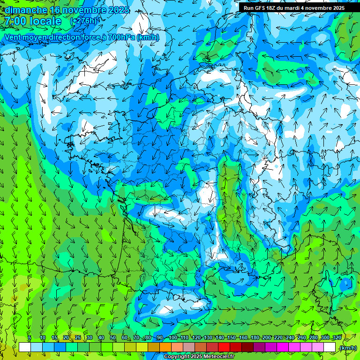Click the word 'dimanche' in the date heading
pyautogui.click(x=26, y=10)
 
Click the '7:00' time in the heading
pyautogui.click(x=15, y=21)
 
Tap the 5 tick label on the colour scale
pyautogui.click(x=30, y=338)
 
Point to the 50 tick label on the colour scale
pyautogui.click(x=113, y=338)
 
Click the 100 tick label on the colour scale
pyautogui.click(x=172, y=338)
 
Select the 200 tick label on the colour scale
pyautogui.click(x=267, y=338)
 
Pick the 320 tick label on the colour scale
pyautogui.click(x=337, y=338)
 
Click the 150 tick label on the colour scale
pyautogui.click(x=232, y=338)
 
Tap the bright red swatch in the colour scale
pyautogui.click(x=224, y=347)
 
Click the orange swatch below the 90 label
pyautogui.click(x=165, y=347)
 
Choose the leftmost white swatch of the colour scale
pyautogui.click(x=24, y=347)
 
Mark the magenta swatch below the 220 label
pyautogui.click(x=283, y=347)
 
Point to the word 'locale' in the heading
pyautogui.click(x=45, y=21)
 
